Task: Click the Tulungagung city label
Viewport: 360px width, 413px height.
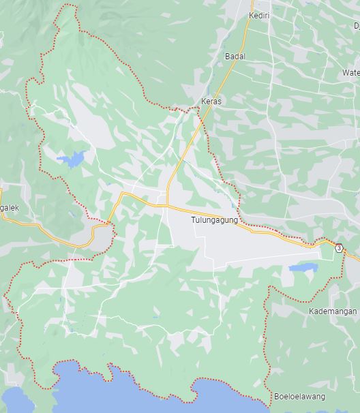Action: (x=214, y=220)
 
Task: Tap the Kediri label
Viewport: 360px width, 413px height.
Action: (x=259, y=15)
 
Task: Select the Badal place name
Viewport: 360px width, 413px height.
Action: (x=235, y=57)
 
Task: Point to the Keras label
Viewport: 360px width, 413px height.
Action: (x=211, y=102)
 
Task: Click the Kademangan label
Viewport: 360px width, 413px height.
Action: (x=333, y=311)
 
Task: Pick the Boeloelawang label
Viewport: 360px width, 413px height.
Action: (x=299, y=397)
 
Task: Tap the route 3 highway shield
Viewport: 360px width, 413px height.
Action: (x=339, y=248)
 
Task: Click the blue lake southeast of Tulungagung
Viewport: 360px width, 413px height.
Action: (x=303, y=267)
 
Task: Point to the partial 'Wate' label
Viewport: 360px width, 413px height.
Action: (x=350, y=73)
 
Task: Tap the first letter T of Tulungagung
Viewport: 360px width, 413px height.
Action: (x=193, y=220)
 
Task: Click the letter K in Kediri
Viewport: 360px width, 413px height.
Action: (x=251, y=15)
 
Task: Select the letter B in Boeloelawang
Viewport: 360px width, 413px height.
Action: (x=276, y=397)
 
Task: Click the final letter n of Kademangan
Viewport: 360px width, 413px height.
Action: (x=355, y=311)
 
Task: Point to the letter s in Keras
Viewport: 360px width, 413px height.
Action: (x=220, y=102)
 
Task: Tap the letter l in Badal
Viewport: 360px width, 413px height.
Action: (x=243, y=57)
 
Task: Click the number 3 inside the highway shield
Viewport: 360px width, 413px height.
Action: (x=339, y=248)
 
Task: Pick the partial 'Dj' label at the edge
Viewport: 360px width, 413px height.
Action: (x=356, y=25)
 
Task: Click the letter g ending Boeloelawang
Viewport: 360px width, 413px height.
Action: (x=322, y=397)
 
